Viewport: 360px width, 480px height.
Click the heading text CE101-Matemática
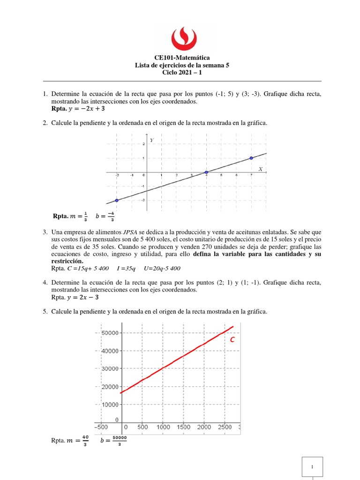pyautogui.click(x=182, y=58)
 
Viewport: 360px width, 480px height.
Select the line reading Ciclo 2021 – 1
pyautogui.click(x=182, y=73)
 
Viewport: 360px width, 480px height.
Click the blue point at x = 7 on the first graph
pyautogui.click(x=251, y=158)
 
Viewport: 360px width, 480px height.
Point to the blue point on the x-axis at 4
pyautogui.click(x=206, y=172)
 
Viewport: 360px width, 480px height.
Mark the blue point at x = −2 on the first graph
pyautogui.click(x=117, y=200)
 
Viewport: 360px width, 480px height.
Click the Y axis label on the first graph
pyautogui.click(x=151, y=140)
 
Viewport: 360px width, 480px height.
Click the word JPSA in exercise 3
pyautogui.click(x=131, y=232)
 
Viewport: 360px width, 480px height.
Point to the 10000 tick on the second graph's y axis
pyautogui.click(x=109, y=404)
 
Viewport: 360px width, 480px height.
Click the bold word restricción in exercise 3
pyautogui.click(x=67, y=261)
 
